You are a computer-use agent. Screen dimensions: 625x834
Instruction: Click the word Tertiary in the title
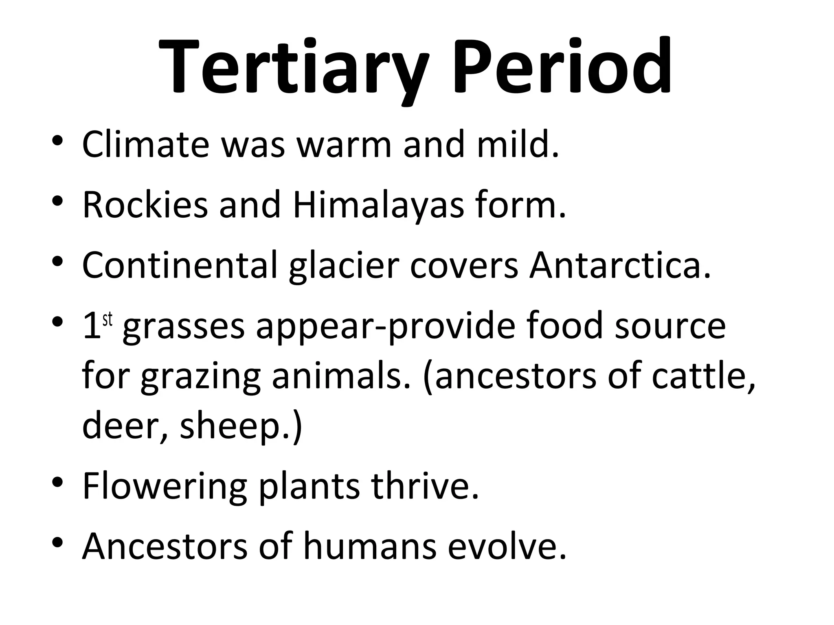click(293, 67)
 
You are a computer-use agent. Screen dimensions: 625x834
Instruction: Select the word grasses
click(183, 328)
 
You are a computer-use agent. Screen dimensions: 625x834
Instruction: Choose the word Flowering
click(165, 486)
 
